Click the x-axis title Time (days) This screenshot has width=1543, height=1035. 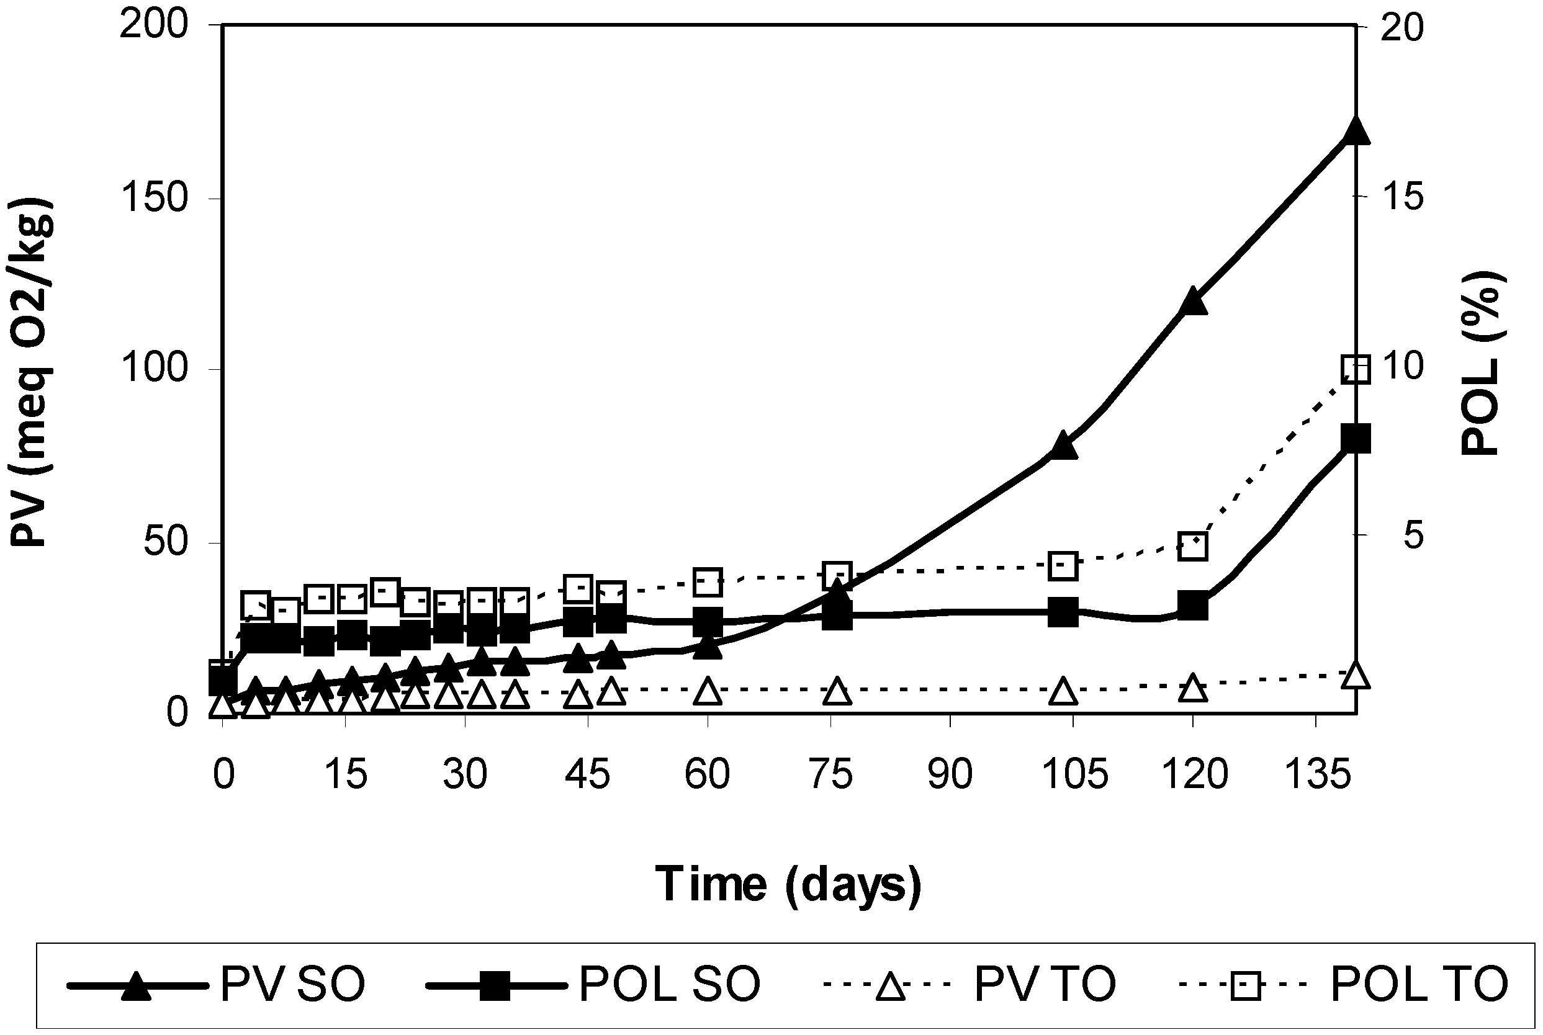788,884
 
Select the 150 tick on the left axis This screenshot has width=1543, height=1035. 154,198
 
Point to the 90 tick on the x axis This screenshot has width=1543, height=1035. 950,774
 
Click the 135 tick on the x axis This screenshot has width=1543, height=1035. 1316,774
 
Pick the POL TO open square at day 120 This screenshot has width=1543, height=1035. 1192,546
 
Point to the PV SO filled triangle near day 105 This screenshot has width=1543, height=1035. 1063,446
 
